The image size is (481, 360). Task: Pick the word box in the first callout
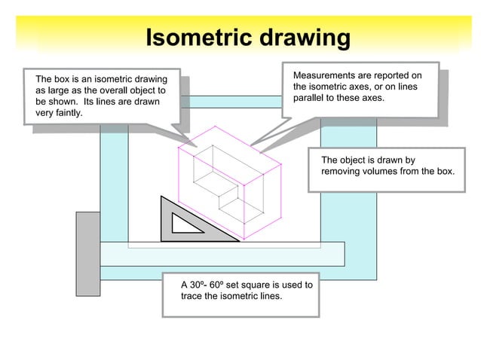click(x=61, y=79)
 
